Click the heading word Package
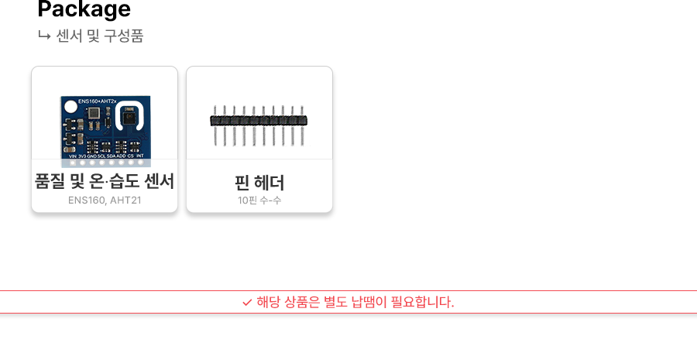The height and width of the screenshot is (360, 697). [x=84, y=9]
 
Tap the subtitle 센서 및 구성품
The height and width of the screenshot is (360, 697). [x=100, y=36]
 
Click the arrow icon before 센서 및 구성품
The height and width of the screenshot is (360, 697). [x=44, y=35]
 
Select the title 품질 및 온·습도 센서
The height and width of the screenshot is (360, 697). [x=105, y=181]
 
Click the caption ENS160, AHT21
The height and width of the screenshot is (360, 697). [x=105, y=201]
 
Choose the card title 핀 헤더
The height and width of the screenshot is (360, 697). [x=259, y=183]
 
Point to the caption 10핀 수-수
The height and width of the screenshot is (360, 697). [x=259, y=201]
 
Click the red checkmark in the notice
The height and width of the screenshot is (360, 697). [x=247, y=302]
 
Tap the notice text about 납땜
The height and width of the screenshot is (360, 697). [x=355, y=302]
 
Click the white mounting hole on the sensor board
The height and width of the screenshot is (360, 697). [x=70, y=108]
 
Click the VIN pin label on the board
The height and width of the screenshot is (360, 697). [x=72, y=156]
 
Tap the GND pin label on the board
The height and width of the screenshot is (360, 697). [x=91, y=156]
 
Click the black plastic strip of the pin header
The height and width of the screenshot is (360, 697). [x=259, y=120]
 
